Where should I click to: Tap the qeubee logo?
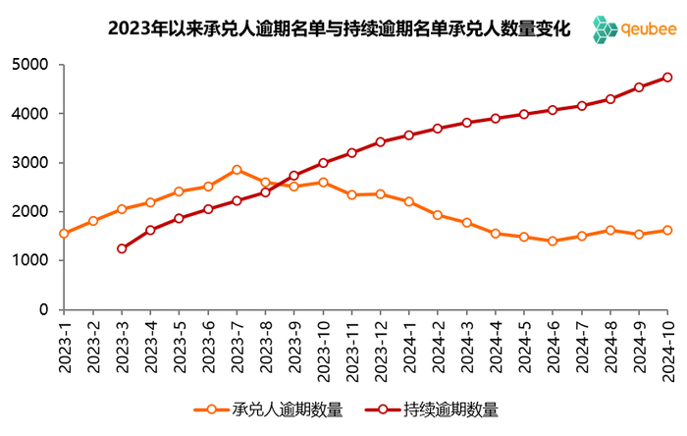tap(635, 30)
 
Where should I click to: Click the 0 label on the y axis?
tap(44, 309)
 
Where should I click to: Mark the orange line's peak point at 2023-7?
tap(237, 170)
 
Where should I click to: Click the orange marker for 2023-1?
tap(64, 234)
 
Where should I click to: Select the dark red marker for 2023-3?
tap(122, 248)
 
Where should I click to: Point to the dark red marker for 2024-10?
tap(667, 77)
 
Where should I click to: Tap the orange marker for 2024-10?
tap(667, 230)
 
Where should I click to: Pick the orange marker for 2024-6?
tap(553, 241)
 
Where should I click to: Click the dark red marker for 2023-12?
tap(381, 141)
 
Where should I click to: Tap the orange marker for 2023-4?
tap(150, 202)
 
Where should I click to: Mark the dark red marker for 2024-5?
tap(524, 114)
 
